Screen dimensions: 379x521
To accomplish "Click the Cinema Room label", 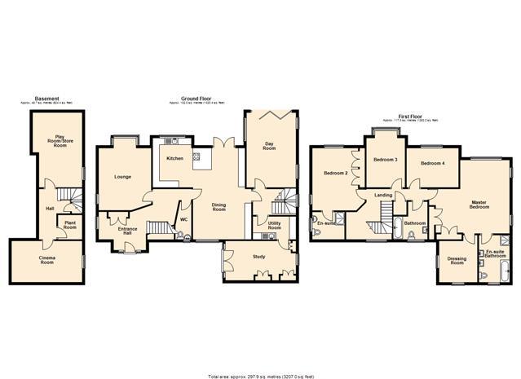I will (x=47, y=261).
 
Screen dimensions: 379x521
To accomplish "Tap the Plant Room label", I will (x=70, y=226).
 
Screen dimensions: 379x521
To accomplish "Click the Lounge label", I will (x=123, y=176).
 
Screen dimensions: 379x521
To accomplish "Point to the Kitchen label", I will (x=174, y=158).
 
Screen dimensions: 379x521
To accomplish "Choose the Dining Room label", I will (x=219, y=207).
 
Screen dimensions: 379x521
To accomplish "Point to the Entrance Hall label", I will (x=127, y=231).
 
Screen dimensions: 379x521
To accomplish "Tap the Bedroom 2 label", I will (x=336, y=173).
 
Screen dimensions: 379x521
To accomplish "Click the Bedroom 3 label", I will (x=385, y=160).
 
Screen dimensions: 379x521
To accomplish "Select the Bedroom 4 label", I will (x=433, y=164).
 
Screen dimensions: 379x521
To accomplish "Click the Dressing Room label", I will (x=457, y=262).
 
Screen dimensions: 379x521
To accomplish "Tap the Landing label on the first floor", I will (x=383, y=196).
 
